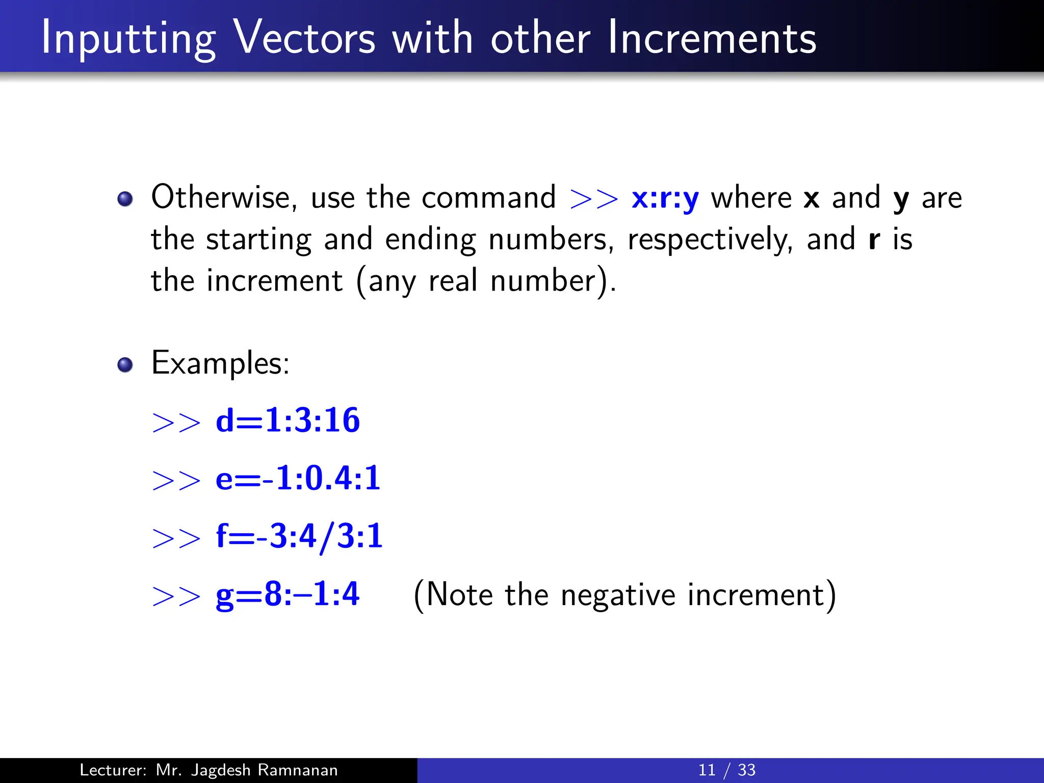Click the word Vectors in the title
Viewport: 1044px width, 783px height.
(304, 38)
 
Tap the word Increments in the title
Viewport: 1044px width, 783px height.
(712, 38)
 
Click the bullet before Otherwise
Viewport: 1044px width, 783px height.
(125, 199)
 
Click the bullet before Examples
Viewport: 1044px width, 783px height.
(125, 365)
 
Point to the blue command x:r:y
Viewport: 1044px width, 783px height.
(665, 199)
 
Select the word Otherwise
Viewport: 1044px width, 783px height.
(223, 198)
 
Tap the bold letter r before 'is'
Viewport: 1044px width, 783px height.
(874, 240)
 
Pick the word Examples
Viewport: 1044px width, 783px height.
(220, 364)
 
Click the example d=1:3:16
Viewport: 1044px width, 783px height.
(288, 421)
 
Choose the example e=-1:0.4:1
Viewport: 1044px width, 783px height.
(298, 479)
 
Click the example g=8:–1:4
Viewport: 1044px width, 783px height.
(288, 594)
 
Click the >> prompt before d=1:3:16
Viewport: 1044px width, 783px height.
(176, 423)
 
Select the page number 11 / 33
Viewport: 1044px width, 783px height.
(726, 770)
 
